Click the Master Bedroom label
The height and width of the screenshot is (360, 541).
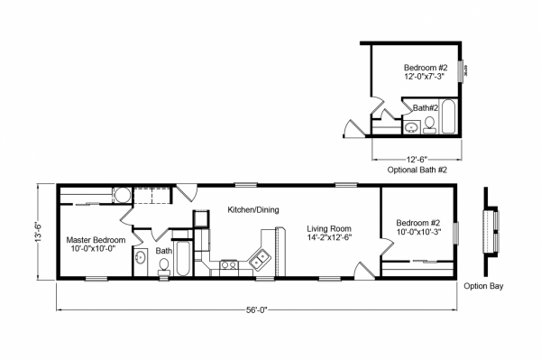pos(96,240)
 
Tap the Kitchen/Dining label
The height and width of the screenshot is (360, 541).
pos(253,209)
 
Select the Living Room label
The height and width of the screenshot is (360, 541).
pos(329,228)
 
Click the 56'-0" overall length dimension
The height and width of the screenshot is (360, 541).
pos(257,310)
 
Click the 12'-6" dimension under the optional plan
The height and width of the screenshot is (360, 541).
pos(417,160)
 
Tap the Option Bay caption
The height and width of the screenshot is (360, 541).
pos(483,286)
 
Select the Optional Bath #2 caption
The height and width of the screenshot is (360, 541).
pos(417,170)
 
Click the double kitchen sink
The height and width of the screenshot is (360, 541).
pos(260,259)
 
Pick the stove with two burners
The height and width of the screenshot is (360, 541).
pos(228,264)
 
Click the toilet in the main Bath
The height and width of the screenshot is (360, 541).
pos(164,267)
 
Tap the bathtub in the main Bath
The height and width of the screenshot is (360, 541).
pos(183,258)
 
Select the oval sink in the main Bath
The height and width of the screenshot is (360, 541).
pos(140,258)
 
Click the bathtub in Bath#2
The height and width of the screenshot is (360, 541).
pos(448,116)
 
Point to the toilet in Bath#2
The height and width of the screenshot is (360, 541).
pos(429,125)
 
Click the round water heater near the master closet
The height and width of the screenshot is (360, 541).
pos(122,196)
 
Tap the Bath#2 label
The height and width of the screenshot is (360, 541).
pos(426,108)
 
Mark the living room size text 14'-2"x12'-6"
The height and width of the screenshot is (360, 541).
pos(329,237)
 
